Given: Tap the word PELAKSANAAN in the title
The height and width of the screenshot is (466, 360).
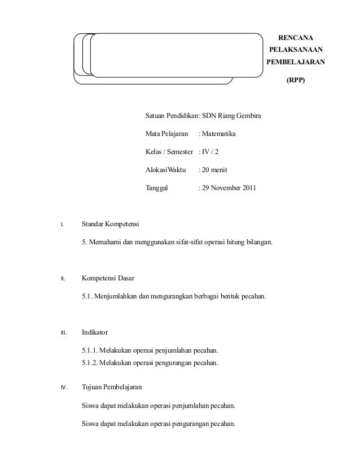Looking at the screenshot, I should tap(295, 50).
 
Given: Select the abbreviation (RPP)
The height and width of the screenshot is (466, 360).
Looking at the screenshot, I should tap(295, 81).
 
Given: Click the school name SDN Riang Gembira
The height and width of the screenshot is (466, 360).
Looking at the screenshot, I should tap(232, 116).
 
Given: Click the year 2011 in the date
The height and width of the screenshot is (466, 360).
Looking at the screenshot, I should tap(252, 187).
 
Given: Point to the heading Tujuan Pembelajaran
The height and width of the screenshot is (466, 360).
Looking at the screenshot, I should tap(112, 388).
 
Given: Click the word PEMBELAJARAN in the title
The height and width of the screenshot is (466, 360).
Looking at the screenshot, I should tap(295, 63).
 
